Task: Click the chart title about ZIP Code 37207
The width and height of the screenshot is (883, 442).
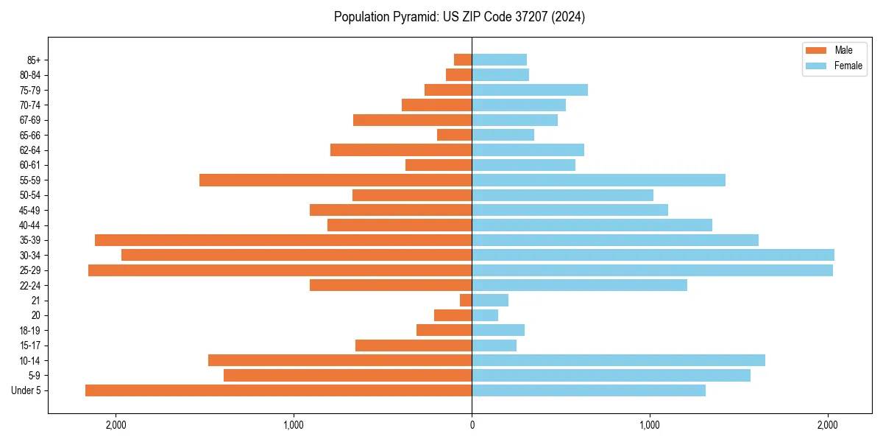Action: tap(459, 17)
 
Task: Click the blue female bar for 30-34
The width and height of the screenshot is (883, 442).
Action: tap(653, 255)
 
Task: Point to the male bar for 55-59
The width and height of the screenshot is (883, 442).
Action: tap(336, 180)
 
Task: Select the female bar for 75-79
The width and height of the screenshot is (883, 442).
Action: tap(530, 90)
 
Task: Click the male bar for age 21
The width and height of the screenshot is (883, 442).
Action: tap(466, 301)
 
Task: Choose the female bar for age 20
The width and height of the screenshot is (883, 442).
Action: tap(485, 315)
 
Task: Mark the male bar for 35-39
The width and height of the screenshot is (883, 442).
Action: tap(283, 240)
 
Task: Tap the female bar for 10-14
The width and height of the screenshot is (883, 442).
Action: tap(618, 360)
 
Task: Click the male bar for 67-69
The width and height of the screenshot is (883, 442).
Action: tap(412, 120)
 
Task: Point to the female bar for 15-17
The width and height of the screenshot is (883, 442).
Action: tap(494, 345)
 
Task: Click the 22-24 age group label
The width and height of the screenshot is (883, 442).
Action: tap(30, 286)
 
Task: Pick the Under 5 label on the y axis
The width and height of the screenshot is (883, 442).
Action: tap(26, 390)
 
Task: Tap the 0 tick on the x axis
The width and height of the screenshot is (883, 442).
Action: tap(472, 425)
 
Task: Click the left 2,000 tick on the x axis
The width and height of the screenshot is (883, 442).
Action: tap(116, 425)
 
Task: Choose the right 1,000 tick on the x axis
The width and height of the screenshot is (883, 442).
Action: tap(650, 425)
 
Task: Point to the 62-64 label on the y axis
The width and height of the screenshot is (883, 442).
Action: tap(30, 150)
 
